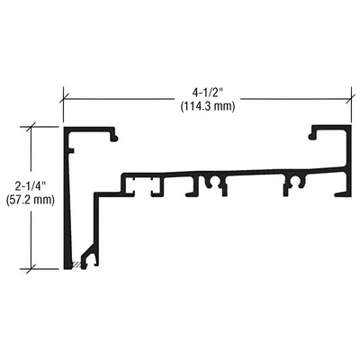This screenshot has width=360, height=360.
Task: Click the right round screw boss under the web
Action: coord(293,184)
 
